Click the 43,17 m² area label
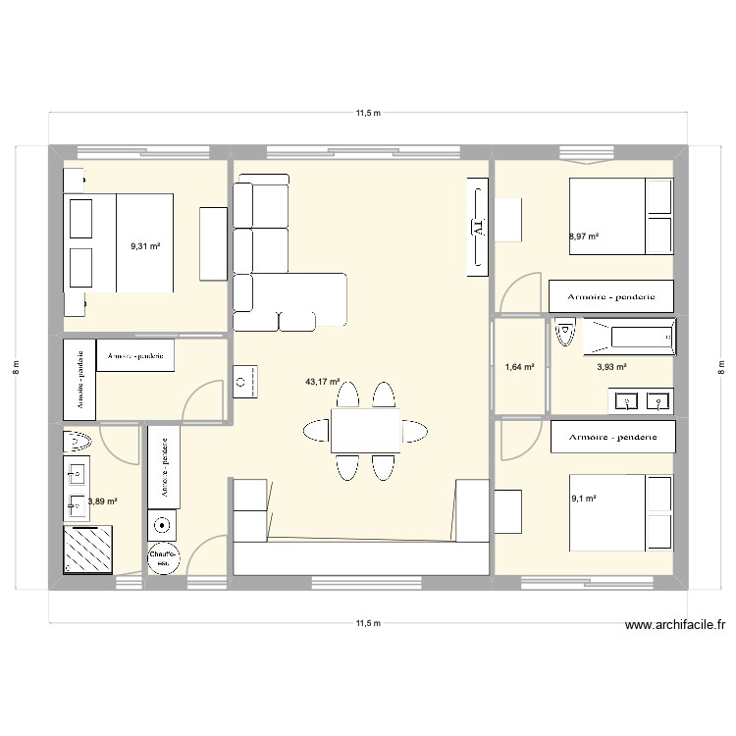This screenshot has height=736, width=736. click(x=323, y=382)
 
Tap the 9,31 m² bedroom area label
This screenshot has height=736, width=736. click(x=145, y=247)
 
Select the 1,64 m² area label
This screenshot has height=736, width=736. click(x=519, y=367)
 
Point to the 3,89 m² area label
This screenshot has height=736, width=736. click(x=103, y=501)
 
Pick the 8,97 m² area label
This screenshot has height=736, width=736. click(x=583, y=237)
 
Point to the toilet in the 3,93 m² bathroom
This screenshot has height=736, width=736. click(x=564, y=334)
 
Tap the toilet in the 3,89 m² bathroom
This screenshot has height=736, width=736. click(x=78, y=441)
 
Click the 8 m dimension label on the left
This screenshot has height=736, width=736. click(x=17, y=367)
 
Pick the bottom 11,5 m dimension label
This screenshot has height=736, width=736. click(x=368, y=622)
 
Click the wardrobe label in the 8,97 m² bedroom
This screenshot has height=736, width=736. click(x=611, y=295)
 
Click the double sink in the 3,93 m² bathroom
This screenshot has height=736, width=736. click(x=644, y=399)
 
